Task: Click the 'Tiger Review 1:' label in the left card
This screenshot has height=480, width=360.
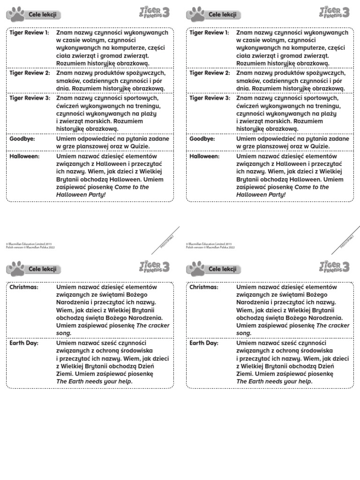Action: pos(29,33)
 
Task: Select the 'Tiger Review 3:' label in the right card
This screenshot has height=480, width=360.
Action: pos(210,98)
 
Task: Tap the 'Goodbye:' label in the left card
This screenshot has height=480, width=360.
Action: pos(22,139)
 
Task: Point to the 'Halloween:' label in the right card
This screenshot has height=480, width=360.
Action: pos(204,156)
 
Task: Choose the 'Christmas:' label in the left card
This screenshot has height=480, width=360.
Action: pos(24,287)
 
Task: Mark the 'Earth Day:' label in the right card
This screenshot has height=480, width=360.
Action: pos(204,343)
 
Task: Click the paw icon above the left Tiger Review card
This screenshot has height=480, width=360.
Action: pos(15,14)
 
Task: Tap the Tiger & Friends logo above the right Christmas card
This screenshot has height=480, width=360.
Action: pos(335,267)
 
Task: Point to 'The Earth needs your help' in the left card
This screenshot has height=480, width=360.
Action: pos(94,382)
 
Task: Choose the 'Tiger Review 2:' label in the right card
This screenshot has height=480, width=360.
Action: pos(210,73)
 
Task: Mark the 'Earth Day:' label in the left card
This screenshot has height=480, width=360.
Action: pos(24,343)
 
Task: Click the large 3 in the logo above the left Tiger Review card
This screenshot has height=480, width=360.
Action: pos(166,13)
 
